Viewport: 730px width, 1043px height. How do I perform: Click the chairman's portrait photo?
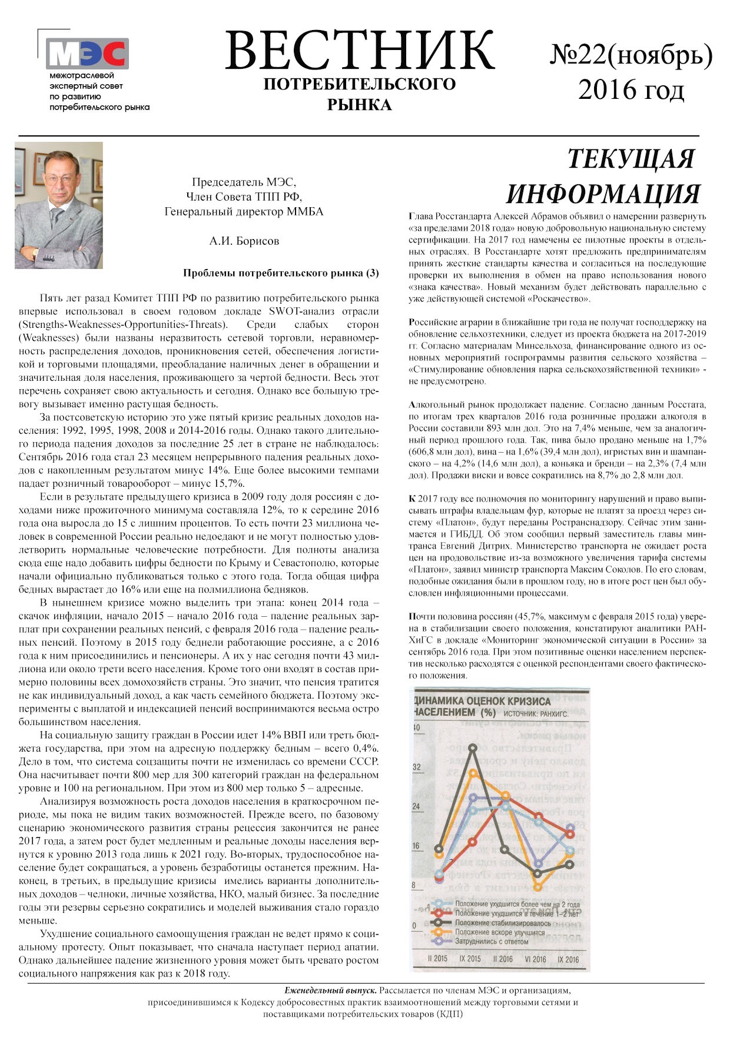(59, 205)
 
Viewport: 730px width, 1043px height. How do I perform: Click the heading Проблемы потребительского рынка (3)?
(281, 273)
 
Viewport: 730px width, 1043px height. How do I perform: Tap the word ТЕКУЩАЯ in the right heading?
(631, 159)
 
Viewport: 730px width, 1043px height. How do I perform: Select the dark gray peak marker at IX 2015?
(473, 748)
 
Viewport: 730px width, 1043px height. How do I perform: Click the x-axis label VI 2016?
(535, 959)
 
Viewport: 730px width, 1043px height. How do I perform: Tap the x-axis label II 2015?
(437, 958)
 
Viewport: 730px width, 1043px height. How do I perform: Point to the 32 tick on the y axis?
(417, 767)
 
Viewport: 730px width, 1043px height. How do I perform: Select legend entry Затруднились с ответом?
(491, 941)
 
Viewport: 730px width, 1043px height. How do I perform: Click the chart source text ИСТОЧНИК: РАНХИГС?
(536, 714)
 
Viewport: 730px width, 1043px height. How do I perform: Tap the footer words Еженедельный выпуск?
(331, 991)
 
